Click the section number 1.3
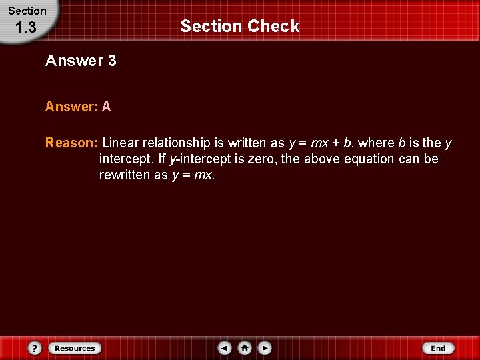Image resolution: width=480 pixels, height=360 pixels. pyautogui.click(x=25, y=28)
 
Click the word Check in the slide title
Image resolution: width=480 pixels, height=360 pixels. pyautogui.click(x=273, y=27)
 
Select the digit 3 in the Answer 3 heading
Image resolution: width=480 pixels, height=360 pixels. pyautogui.click(x=111, y=61)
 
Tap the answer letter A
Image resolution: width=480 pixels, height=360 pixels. pyautogui.click(x=107, y=107)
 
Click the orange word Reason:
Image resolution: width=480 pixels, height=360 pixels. pyautogui.click(x=72, y=143)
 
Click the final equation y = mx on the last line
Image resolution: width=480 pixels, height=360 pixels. pyautogui.click(x=193, y=176)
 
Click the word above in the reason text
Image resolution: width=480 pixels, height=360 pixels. pyautogui.click(x=321, y=159)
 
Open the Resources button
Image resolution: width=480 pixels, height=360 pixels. pyautogui.click(x=75, y=348)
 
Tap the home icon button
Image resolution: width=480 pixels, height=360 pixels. pyautogui.click(x=245, y=348)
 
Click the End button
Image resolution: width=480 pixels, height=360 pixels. pyautogui.click(x=438, y=348)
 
